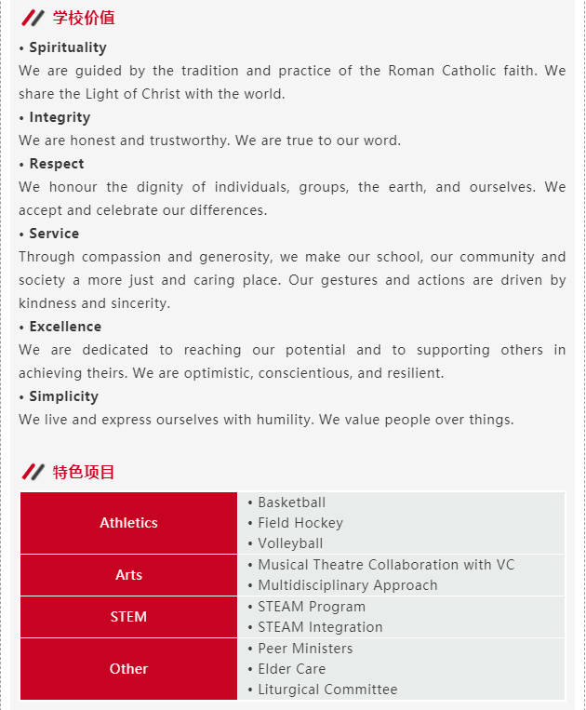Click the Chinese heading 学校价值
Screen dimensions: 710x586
84,18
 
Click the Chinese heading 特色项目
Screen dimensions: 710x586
84,472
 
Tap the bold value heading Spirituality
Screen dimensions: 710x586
67,47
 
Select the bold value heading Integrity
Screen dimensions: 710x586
60,117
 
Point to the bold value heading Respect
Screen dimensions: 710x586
56,164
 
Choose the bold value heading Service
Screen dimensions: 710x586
54,234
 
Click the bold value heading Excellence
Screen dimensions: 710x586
65,327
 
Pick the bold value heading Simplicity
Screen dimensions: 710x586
63,396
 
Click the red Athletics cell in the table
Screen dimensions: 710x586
129,523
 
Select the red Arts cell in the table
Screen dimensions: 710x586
129,575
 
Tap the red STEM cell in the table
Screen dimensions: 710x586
129,617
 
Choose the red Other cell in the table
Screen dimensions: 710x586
129,669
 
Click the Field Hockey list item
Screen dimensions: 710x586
300,523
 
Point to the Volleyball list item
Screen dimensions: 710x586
290,543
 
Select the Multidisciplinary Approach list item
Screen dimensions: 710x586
347,585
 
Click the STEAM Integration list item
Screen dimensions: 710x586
320,627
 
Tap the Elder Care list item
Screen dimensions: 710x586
291,669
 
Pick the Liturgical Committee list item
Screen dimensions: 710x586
327,690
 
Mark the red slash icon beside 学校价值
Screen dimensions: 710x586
33,18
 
